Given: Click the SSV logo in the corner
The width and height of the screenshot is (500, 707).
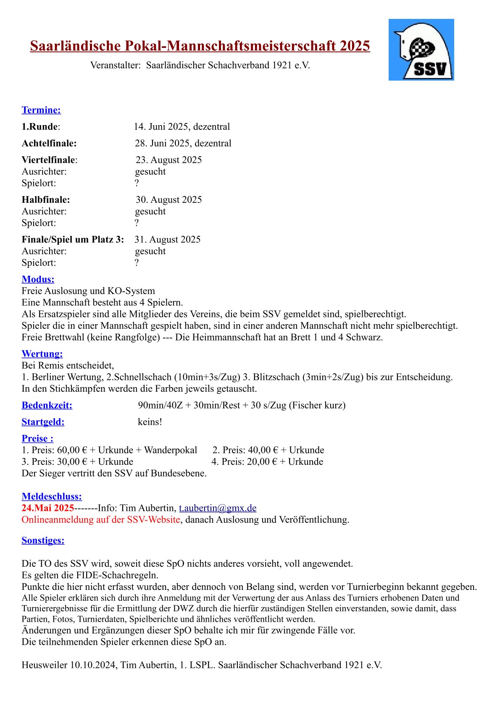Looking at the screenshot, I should coord(421,50).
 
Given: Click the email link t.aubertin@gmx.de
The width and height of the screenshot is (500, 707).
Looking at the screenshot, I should coord(218,508).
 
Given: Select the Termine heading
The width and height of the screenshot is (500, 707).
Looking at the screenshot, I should coord(41,110).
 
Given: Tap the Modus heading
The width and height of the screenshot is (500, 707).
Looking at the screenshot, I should coord(38,279).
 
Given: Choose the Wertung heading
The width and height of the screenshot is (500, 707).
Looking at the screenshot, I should coord(42,354).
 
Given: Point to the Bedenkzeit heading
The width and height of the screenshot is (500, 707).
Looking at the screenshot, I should coord(47,405).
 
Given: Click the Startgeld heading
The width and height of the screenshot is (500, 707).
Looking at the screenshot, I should coord(43,422).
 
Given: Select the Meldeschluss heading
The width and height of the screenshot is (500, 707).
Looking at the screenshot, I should coord(52,497).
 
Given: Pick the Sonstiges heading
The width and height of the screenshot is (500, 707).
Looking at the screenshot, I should coord(43,540).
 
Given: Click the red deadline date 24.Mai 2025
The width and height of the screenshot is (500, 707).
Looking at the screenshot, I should coord(48,508).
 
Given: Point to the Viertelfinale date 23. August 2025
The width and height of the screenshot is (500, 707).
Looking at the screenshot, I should coord(168,160).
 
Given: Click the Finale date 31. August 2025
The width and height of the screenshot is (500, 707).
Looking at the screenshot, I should coord(167,239).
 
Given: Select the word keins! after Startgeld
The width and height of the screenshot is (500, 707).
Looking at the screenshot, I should coord(150,422).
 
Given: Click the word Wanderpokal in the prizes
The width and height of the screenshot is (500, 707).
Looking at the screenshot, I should coord(170,450).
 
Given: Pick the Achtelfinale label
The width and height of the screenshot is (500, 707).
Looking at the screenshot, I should coord(49,143).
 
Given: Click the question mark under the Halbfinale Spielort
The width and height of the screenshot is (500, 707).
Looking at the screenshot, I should coord(137,223).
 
